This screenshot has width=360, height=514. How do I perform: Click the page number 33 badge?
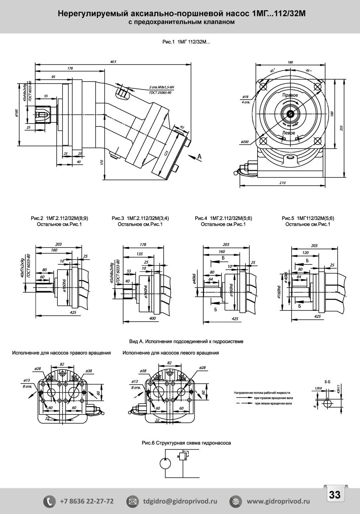click(334, 494)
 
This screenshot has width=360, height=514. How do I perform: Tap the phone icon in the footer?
click(50, 501)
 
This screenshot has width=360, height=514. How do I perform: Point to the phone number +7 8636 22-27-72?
click(87, 501)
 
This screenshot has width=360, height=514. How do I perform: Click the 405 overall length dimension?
click(113, 62)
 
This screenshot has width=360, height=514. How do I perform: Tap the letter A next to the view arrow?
click(199, 157)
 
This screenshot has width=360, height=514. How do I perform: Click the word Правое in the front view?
click(290, 95)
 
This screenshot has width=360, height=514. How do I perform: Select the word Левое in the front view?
click(288, 132)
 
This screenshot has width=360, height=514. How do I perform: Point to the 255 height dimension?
click(346, 128)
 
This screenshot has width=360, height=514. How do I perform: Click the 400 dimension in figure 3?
click(152, 318)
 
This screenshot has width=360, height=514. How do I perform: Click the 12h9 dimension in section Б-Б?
click(318, 388)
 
